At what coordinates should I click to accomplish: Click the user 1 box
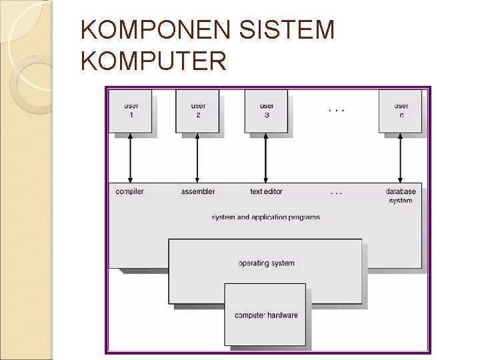[x=130, y=111]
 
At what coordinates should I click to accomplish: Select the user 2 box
[x=198, y=111]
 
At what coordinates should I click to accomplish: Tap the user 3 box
[x=266, y=111]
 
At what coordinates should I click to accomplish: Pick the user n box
[x=401, y=111]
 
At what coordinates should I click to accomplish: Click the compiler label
[x=129, y=192]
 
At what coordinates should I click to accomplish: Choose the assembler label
[x=198, y=192]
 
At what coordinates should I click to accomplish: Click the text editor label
[x=266, y=192]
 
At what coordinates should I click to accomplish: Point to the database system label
[x=401, y=196]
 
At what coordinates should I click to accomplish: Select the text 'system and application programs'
[x=265, y=217]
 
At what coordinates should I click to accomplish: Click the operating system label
[x=266, y=263]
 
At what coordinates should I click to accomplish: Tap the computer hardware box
[x=266, y=315]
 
